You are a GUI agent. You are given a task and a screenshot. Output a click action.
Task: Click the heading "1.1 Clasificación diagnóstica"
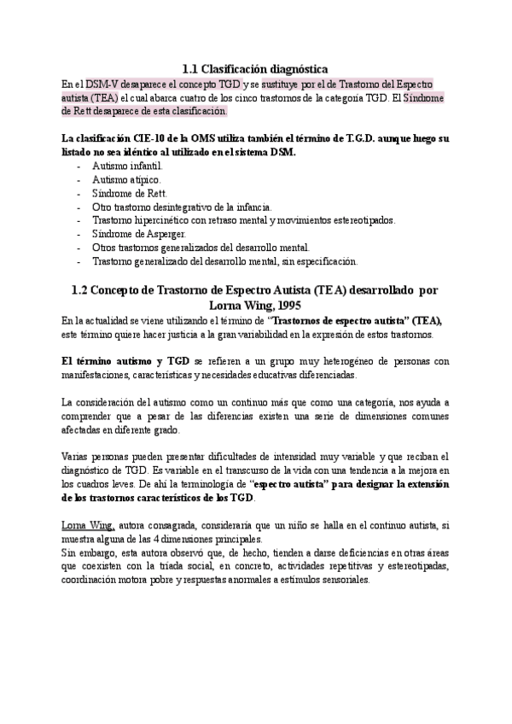256,68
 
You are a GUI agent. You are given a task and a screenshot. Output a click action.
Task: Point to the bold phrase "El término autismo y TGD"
125,360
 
